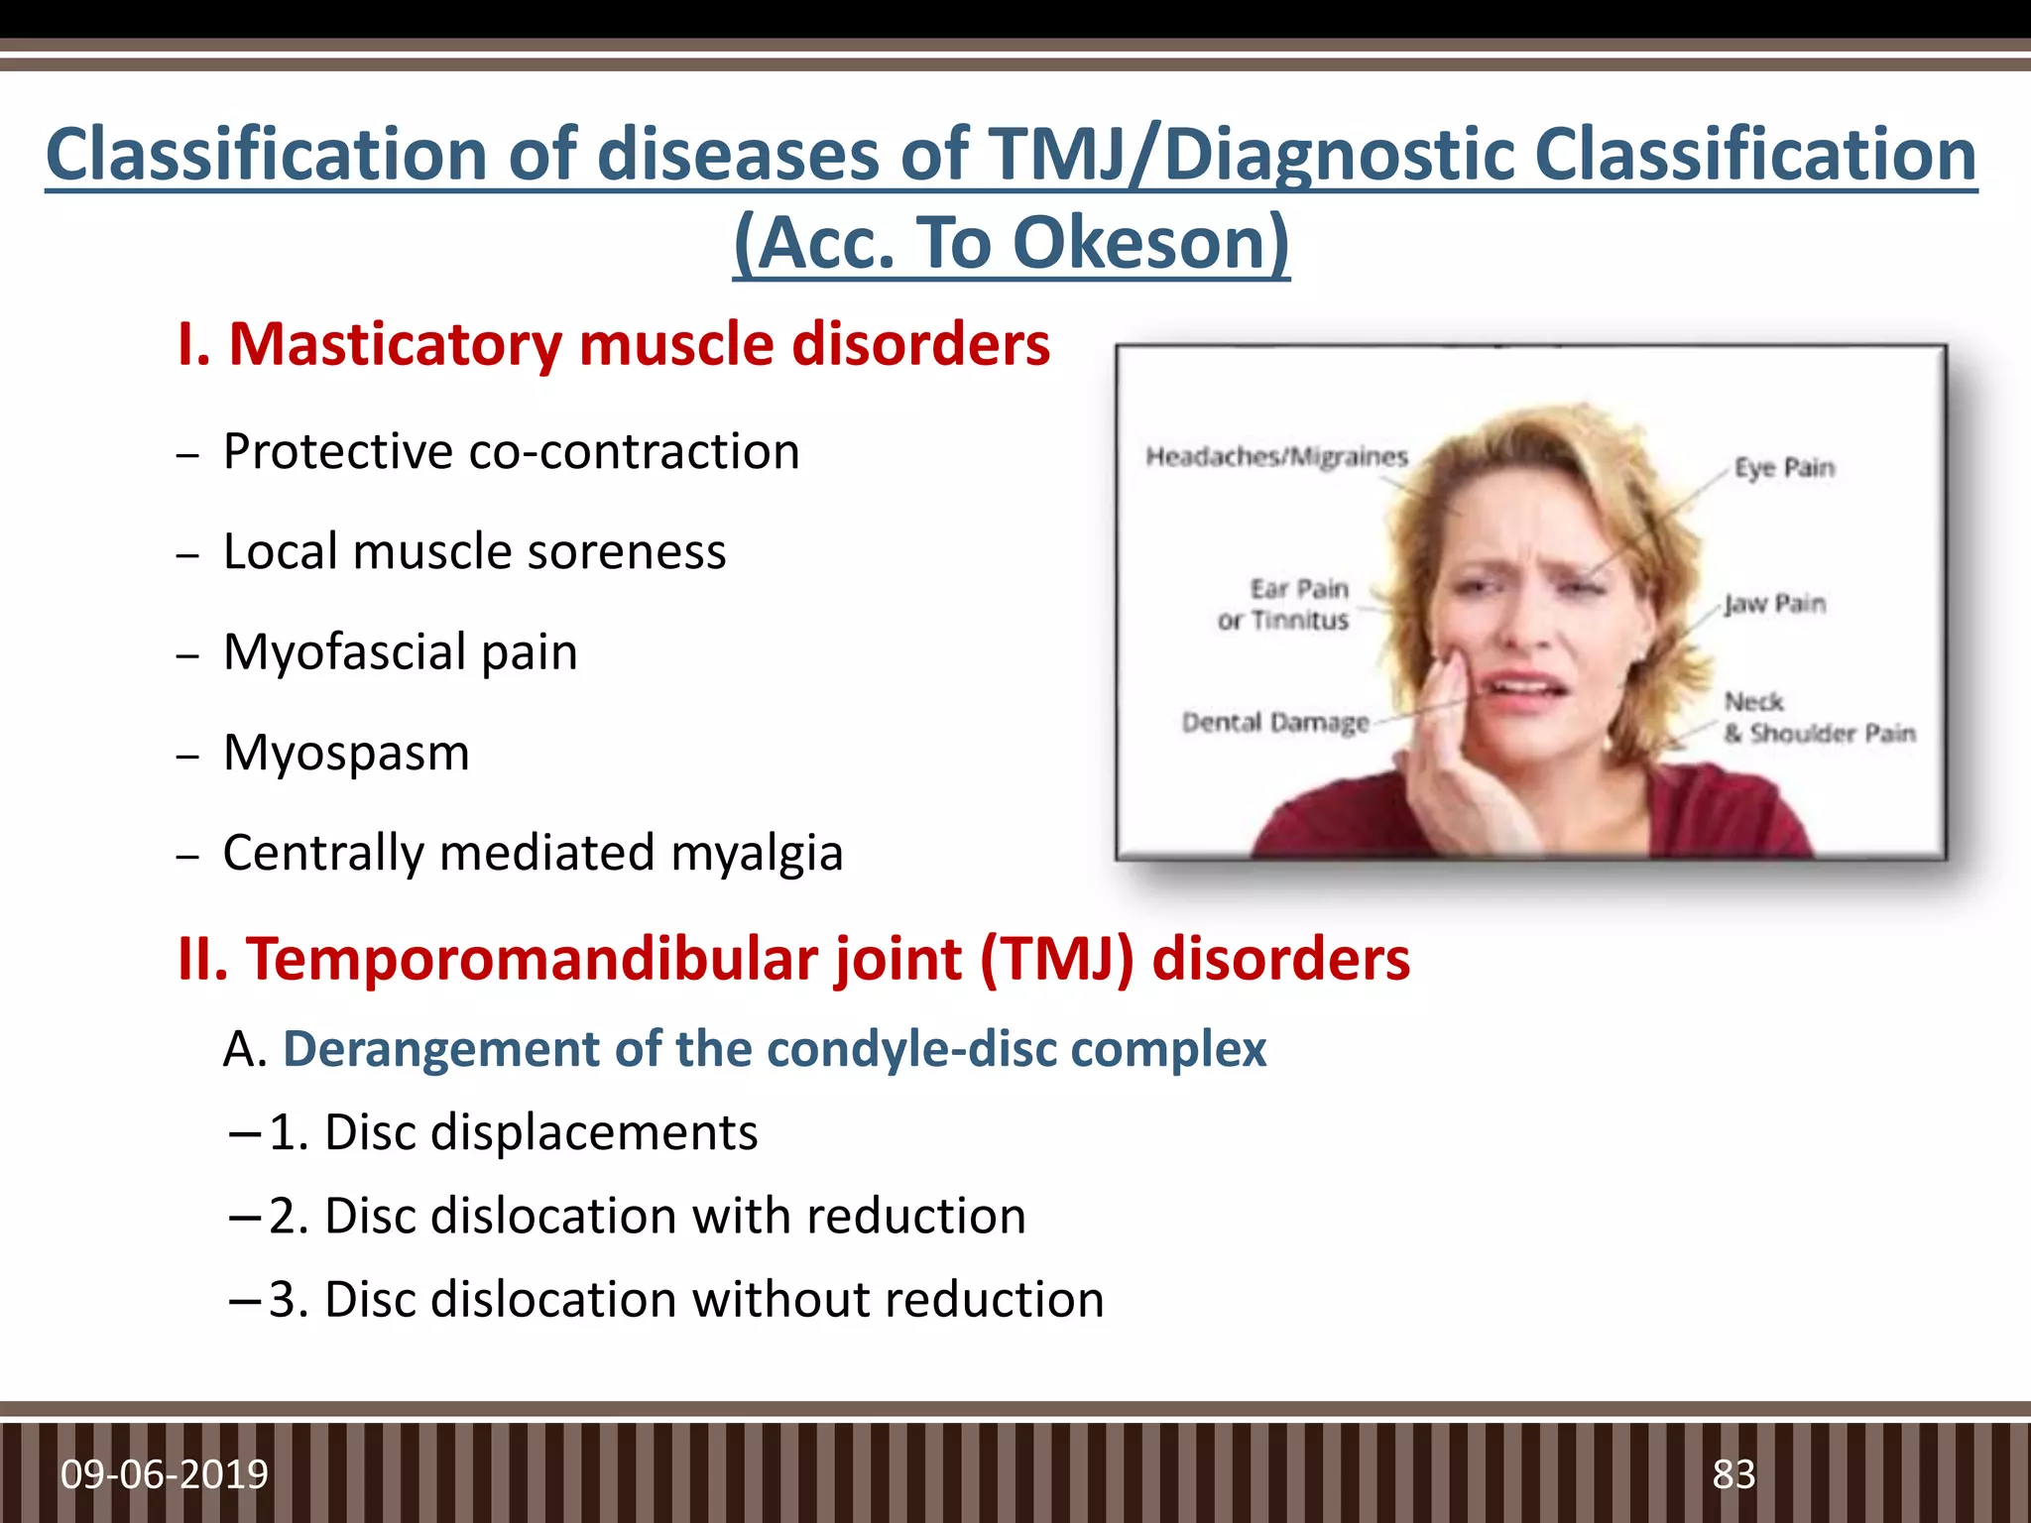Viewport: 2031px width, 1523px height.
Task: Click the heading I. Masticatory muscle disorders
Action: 613,345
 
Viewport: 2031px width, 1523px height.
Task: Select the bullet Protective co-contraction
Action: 511,452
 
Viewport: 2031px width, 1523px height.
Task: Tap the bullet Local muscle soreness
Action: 474,552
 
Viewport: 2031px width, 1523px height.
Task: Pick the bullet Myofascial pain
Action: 400,652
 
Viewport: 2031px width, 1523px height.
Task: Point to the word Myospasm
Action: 346,753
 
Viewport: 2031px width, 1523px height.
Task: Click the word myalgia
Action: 757,853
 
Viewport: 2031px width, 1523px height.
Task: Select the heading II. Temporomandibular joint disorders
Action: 793,960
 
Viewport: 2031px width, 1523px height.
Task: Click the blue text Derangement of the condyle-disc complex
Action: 775,1049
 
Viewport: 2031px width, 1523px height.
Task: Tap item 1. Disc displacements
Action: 513,1132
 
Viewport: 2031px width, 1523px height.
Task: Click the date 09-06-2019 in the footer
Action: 165,1474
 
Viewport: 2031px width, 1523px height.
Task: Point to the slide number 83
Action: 1733,1474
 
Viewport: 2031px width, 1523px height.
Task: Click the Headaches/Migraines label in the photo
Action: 1276,457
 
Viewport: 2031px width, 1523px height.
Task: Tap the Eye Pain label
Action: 1783,468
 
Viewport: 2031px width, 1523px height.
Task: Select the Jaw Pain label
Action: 1774,604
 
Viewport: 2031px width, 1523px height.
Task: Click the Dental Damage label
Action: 1275,723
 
